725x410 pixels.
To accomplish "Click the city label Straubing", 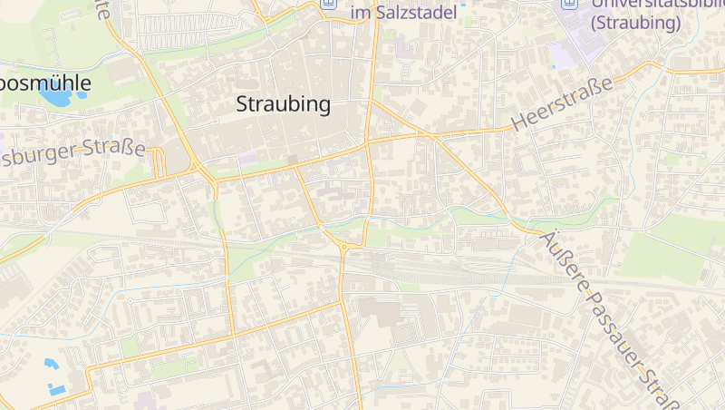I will pyautogui.click(x=283, y=104).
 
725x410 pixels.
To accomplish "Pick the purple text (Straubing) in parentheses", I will pyautogui.click(x=634, y=24).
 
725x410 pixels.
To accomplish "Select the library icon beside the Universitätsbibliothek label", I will pyautogui.click(x=568, y=4).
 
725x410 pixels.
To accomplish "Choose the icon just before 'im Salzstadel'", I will pyautogui.click(x=329, y=5).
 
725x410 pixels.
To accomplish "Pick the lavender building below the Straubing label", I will pyautogui.click(x=247, y=159).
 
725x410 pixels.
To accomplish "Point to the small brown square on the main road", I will pyautogui.click(x=292, y=160).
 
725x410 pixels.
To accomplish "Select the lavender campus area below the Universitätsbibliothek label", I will pyautogui.click(x=564, y=54).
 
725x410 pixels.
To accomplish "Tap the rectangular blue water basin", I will pyautogui.click(x=57, y=390).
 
